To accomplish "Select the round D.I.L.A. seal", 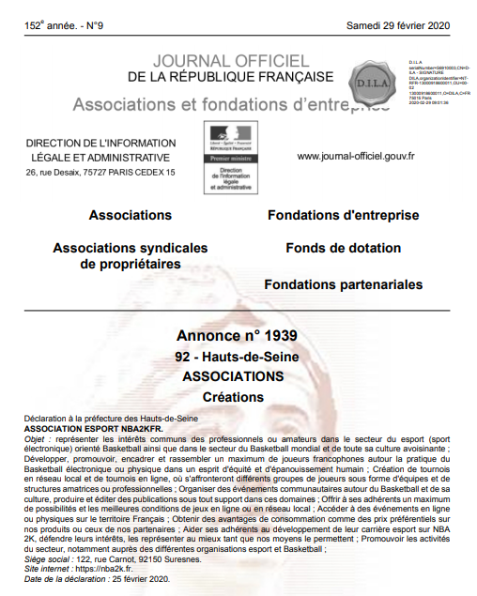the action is click(373, 74).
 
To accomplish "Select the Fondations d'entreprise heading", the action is click(343, 215).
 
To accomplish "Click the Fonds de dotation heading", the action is click(344, 249).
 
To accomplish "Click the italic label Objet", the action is click(36, 437).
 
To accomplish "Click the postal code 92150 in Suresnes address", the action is click(148, 558).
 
